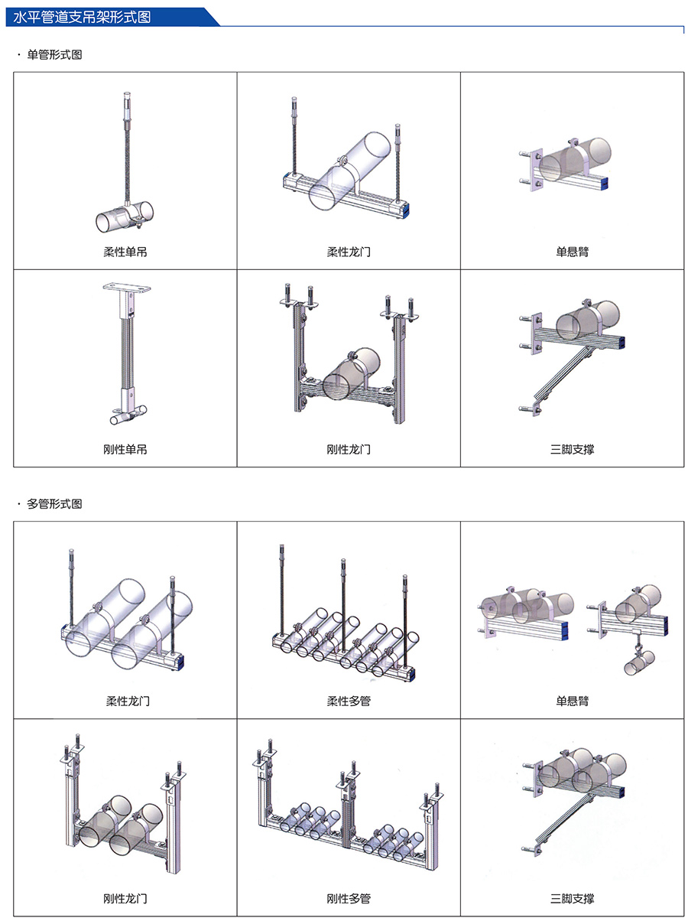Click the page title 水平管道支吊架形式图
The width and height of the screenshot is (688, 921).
[82, 17]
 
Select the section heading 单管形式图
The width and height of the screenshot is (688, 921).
[54, 54]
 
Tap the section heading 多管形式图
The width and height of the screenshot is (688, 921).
[54, 503]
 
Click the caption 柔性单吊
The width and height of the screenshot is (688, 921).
[125, 252]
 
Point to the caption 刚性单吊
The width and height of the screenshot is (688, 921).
[125, 449]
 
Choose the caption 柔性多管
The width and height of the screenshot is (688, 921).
[349, 701]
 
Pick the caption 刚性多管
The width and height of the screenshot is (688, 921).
[349, 898]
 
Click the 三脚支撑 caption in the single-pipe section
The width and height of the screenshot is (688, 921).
[572, 449]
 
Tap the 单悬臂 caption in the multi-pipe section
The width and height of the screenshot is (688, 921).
[572, 701]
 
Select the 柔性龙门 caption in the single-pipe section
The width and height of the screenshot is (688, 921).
[349, 252]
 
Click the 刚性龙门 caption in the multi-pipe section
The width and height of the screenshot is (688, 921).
[125, 898]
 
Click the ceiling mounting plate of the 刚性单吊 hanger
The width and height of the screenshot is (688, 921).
[127, 288]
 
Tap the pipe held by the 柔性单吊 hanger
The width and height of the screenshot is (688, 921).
[125, 216]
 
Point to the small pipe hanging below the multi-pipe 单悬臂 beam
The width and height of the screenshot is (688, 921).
[639, 663]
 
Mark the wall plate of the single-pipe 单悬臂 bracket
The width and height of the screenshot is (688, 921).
[536, 170]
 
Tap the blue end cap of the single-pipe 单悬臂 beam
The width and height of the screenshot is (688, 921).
[603, 182]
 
